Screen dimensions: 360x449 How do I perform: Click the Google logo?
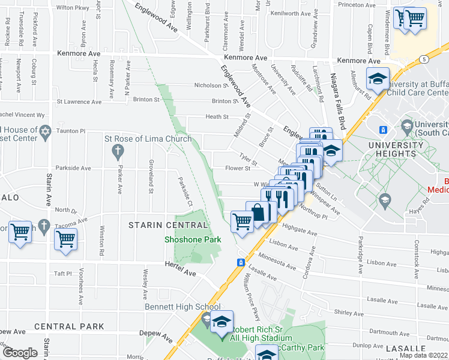19,353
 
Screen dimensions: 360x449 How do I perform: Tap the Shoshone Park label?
193,239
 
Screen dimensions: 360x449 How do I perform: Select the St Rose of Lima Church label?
148,139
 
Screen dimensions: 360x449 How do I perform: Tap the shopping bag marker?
258,212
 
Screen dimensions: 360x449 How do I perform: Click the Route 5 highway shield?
424,59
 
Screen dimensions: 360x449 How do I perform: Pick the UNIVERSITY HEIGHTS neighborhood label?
396,149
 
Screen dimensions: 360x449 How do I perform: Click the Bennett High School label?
182,307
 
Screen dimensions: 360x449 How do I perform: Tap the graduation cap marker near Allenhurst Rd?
378,79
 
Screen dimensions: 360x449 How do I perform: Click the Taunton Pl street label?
71,131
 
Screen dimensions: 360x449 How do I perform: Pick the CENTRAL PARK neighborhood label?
69,327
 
